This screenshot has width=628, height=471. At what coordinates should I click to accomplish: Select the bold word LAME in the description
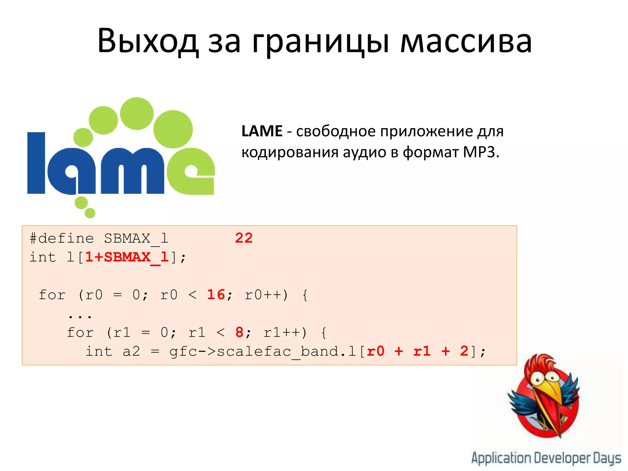[262, 131]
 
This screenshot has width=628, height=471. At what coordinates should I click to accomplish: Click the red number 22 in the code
[244, 238]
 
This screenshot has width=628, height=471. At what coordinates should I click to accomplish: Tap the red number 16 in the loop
[216, 295]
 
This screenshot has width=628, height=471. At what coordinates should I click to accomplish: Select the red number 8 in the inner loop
[239, 332]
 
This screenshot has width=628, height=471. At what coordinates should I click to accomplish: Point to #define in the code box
[62, 238]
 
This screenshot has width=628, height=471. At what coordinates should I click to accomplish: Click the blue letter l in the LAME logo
[36, 163]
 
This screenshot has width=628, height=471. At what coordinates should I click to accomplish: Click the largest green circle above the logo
[173, 129]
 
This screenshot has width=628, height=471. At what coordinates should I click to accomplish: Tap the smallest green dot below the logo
[90, 213]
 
